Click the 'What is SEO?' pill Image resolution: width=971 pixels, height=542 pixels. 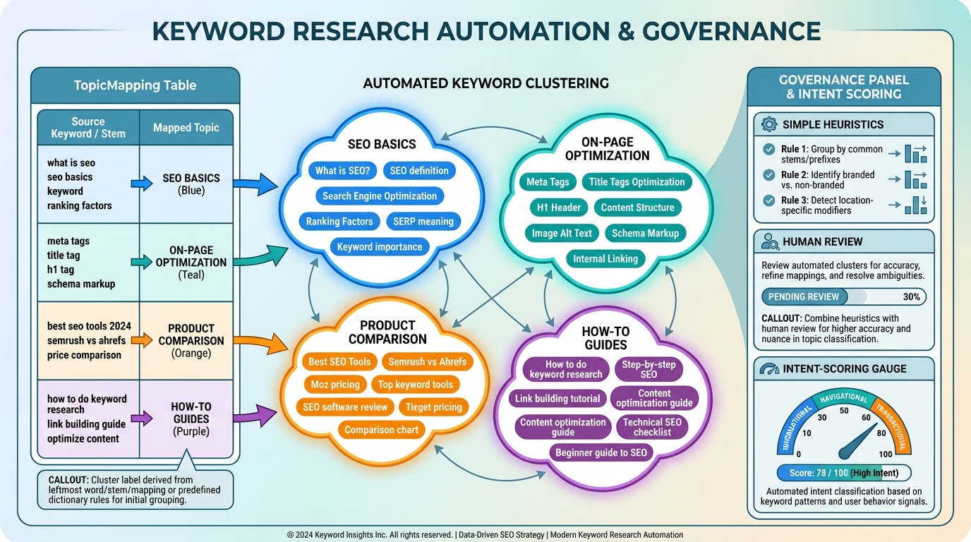[x=343, y=170]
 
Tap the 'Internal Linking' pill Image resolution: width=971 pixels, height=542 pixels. [x=605, y=258]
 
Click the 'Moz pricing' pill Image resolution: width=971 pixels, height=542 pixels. [x=335, y=385]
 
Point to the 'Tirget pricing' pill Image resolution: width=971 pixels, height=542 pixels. [x=433, y=406]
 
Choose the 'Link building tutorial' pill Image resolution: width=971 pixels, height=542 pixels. [x=557, y=398]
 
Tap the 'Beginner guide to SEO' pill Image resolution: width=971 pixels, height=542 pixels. [x=601, y=452]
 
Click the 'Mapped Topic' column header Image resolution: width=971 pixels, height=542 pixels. [x=186, y=128]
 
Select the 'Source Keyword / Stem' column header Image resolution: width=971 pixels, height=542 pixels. [x=88, y=128]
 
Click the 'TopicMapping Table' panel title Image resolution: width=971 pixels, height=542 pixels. [x=135, y=85]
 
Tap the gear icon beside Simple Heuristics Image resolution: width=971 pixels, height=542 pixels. [x=768, y=125]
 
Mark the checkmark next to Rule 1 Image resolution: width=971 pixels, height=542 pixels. [x=768, y=150]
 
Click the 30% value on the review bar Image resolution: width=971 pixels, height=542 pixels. [x=911, y=297]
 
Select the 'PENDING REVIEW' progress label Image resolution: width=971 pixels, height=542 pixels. [x=803, y=297]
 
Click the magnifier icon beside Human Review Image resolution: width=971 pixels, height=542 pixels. [x=770, y=242]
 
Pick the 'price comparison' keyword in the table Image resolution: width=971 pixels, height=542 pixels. [x=84, y=355]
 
